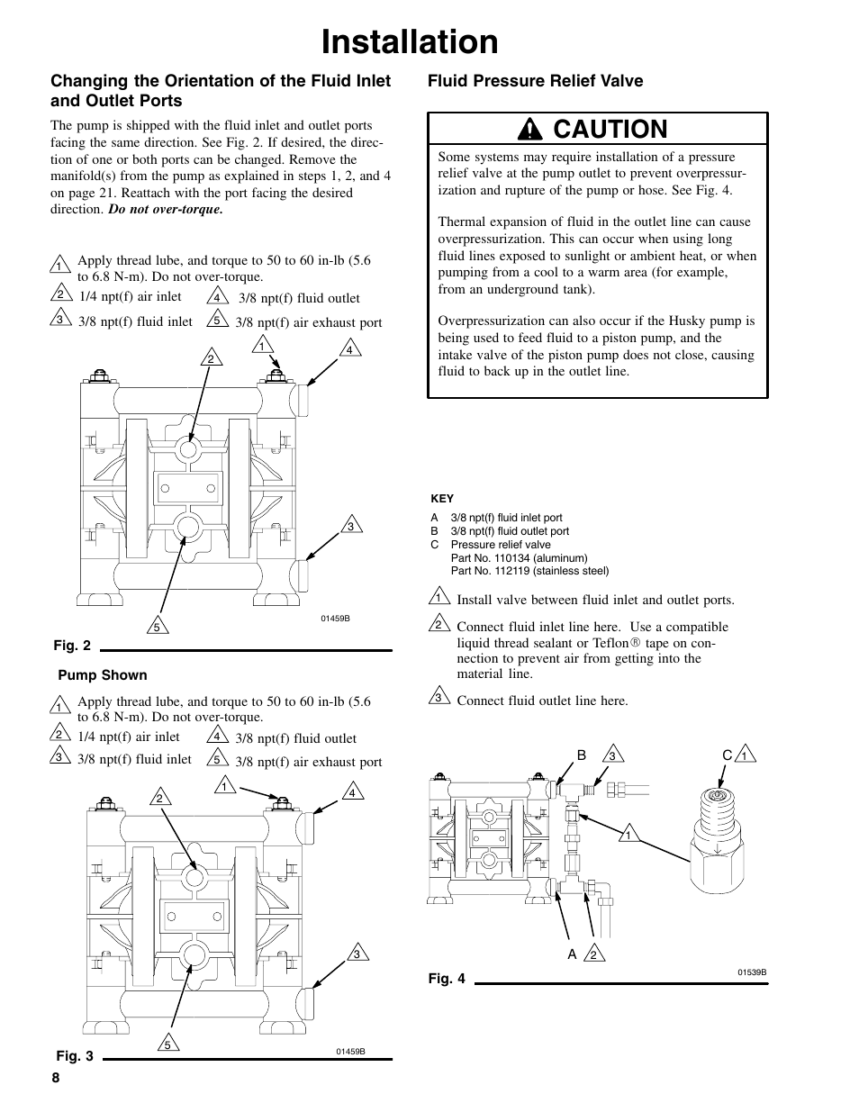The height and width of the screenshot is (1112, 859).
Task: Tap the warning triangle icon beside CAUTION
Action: pos(537,130)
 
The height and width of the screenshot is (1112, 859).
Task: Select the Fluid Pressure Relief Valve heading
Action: pos(535,81)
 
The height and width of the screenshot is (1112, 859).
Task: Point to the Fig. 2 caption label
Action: pos(72,646)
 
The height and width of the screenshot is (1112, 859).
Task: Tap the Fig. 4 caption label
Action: pos(447,979)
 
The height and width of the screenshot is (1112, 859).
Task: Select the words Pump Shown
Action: pos(103,675)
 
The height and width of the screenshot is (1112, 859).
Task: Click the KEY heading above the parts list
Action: pos(442,499)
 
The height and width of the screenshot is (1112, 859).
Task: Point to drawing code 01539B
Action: pos(752,972)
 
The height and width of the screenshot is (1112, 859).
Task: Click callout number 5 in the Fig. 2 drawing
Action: pos(157,627)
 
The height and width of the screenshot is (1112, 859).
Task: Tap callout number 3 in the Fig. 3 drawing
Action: pos(357,954)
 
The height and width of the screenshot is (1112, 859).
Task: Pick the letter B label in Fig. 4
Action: pos(582,755)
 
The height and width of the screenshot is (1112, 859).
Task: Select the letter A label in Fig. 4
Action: pos(572,954)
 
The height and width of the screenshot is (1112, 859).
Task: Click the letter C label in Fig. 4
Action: pos(727,755)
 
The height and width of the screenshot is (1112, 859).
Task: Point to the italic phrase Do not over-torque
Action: pos(166,209)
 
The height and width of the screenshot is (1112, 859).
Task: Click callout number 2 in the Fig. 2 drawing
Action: pos(211,359)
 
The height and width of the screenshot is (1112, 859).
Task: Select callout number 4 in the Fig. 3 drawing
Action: pos(353,792)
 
